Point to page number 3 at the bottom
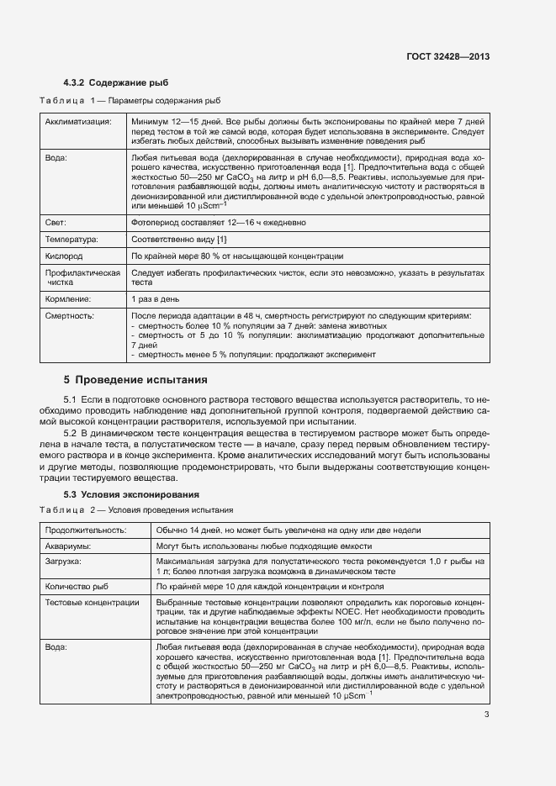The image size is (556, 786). click(x=486, y=715)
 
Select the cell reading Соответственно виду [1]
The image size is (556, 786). click(x=179, y=240)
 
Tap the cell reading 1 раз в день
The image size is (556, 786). click(x=155, y=298)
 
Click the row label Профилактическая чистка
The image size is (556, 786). click(x=82, y=277)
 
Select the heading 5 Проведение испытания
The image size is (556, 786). click(x=135, y=380)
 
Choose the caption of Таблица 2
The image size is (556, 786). click(x=136, y=510)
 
